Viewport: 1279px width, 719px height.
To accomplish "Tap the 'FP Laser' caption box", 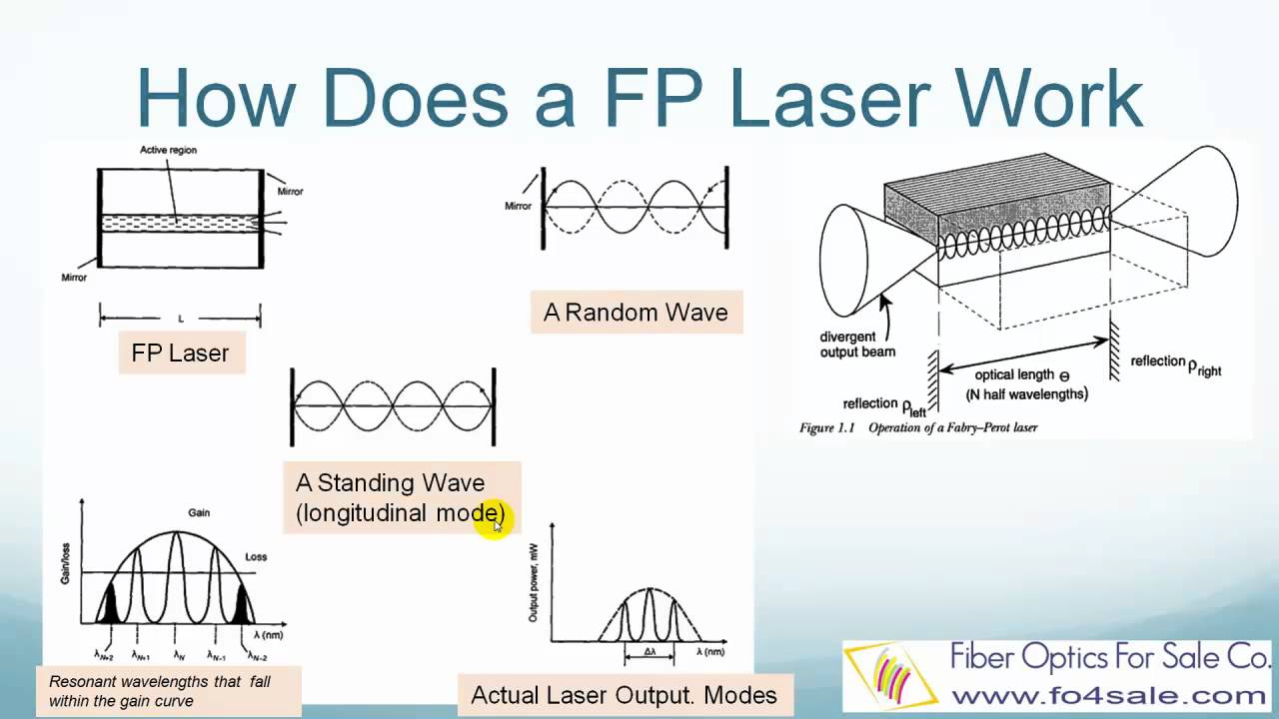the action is coord(181,353).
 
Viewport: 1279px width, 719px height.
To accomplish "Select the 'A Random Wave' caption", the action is coord(636,313).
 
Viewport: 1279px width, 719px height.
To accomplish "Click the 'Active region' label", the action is coord(168,150).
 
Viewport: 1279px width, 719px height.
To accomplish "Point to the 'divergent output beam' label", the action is coord(857,345).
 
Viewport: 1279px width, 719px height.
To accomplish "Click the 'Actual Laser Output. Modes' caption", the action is coord(624,695).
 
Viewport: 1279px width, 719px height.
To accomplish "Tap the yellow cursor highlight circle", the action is coord(491,519).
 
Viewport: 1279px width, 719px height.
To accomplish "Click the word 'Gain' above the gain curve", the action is coord(199,512).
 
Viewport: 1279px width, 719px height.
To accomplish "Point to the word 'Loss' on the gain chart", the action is coord(256,555).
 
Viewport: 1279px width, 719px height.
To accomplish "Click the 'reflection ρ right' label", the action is coord(1175,364).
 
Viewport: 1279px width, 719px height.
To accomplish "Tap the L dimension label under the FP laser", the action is coord(180,319).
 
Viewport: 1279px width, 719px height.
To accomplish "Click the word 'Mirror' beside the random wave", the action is coord(518,206).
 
